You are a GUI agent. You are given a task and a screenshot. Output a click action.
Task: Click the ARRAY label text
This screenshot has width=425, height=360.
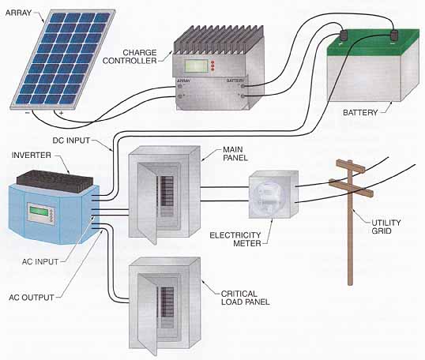pyautogui.click(x=18, y=13)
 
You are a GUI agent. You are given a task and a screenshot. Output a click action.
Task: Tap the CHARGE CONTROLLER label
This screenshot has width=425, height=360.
pyautogui.click(x=130, y=56)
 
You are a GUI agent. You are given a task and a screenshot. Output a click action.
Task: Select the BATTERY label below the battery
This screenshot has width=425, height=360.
pyautogui.click(x=360, y=112)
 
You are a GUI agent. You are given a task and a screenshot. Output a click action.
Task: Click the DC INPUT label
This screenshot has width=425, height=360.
pyautogui.click(x=71, y=141)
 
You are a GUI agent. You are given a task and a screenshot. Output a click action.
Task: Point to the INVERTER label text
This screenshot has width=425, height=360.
pyautogui.click(x=31, y=156)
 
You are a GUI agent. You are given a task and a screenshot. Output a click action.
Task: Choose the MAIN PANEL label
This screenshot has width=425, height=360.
pyautogui.click(x=235, y=154)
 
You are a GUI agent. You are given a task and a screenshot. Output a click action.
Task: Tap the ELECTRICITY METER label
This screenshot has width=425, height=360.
pyautogui.click(x=235, y=239)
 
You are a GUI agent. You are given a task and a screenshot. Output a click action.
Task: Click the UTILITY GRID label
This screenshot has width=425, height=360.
pyautogui.click(x=386, y=227)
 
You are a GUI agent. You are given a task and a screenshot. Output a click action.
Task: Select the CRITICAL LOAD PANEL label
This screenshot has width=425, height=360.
pyautogui.click(x=246, y=298)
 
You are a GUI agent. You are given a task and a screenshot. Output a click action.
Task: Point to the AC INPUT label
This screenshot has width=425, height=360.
pyautogui.click(x=40, y=261)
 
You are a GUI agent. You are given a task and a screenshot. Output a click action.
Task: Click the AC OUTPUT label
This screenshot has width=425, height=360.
pyautogui.click(x=32, y=297)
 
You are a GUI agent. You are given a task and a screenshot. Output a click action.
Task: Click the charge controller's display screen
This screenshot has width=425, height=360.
pyautogui.click(x=196, y=66)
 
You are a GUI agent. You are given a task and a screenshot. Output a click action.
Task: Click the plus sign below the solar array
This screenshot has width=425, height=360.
pyautogui.click(x=62, y=113)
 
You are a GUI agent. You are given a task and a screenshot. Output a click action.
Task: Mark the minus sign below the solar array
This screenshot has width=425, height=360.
pyautogui.click(x=28, y=113)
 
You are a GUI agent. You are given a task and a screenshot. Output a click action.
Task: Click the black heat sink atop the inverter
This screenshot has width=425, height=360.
pyautogui.click(x=55, y=181)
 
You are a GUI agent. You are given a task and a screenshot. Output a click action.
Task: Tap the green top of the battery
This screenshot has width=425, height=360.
pyautogui.click(x=374, y=41)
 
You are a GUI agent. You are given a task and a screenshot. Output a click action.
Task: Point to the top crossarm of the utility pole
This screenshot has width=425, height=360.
pyautogui.click(x=351, y=166)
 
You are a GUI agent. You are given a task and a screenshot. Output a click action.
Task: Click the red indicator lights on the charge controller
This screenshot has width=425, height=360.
pyautogui.click(x=212, y=66)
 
